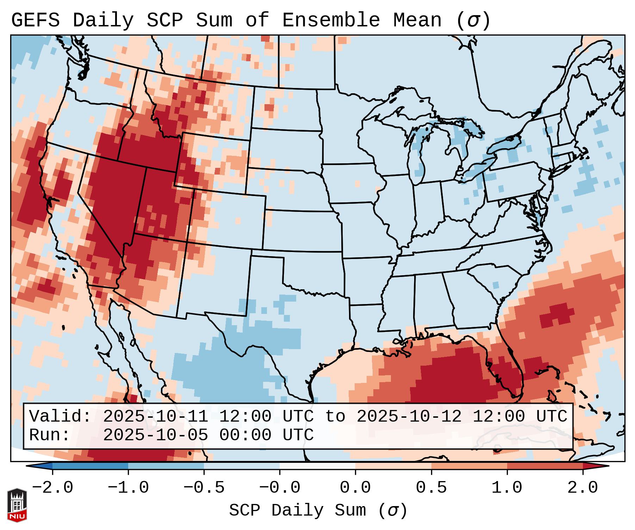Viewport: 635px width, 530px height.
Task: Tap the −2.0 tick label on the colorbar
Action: [x=52, y=488]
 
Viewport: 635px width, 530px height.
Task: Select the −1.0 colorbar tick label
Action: [x=128, y=488]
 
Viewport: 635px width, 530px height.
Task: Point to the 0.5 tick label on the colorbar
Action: [x=431, y=488]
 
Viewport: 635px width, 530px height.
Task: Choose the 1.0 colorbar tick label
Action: [x=507, y=488]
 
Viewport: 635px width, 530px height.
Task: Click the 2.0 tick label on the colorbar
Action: [x=583, y=488]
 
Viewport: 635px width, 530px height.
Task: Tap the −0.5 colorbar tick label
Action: [x=204, y=488]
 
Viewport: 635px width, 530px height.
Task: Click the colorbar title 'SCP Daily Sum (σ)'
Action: [x=318, y=510]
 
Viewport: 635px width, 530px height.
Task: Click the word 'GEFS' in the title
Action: [x=36, y=20]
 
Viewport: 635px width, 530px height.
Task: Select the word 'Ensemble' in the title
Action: [x=331, y=20]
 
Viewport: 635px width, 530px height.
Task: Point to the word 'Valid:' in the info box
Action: [x=60, y=416]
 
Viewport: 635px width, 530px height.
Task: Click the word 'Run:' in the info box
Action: [x=50, y=435]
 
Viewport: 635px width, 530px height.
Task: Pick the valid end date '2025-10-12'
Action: [x=409, y=416]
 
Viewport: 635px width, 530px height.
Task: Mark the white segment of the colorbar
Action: [x=317, y=466]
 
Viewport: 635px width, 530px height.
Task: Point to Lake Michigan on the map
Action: [x=419, y=155]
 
